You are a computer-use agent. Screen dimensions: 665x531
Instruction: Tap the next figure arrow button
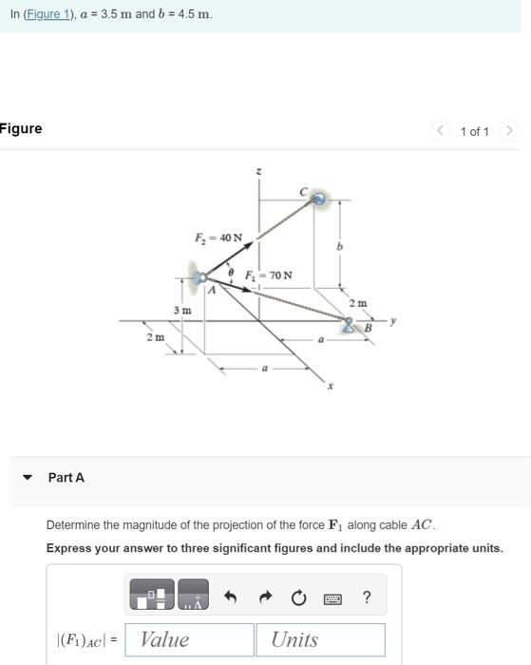click(510, 131)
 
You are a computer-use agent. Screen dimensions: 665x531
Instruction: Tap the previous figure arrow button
click(440, 131)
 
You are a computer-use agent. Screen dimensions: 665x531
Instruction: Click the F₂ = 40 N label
click(218, 237)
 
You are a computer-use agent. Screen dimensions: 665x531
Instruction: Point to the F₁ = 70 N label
click(269, 275)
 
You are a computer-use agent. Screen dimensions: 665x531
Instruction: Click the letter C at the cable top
click(303, 192)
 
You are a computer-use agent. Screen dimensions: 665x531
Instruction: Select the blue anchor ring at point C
click(319, 199)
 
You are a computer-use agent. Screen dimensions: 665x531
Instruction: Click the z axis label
click(259, 171)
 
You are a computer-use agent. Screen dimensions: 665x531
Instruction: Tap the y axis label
click(392, 321)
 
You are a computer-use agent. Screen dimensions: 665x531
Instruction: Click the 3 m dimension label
click(181, 311)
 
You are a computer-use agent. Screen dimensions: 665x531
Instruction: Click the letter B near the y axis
click(369, 329)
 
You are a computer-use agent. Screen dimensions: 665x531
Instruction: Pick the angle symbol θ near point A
click(231, 273)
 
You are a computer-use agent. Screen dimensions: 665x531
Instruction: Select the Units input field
click(320, 639)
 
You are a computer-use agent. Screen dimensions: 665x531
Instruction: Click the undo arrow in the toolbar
click(230, 597)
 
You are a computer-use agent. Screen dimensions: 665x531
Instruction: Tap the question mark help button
click(367, 597)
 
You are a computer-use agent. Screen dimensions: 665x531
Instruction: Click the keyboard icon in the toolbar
click(332, 598)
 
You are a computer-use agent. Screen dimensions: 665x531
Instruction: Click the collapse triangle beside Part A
click(27, 478)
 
